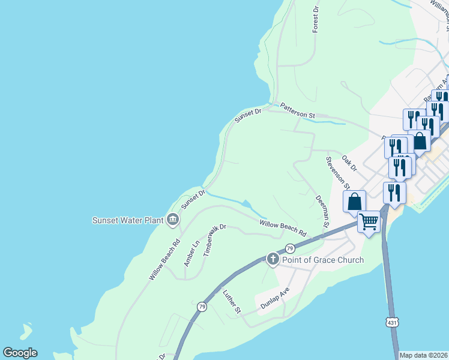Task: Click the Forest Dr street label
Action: (315, 20)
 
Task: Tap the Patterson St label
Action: (297, 109)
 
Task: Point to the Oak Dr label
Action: (349, 162)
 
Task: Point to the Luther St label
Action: (231, 302)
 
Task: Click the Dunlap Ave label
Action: (275, 298)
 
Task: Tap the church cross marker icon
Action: (273, 259)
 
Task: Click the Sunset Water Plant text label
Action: (127, 220)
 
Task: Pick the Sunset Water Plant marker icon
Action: (173, 220)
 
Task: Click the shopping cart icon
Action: (369, 221)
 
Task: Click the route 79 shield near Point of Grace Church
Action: (289, 248)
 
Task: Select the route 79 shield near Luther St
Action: (202, 307)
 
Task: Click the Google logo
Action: (20, 353)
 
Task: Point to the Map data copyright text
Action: (423, 355)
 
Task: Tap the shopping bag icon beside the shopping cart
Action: (354, 201)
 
